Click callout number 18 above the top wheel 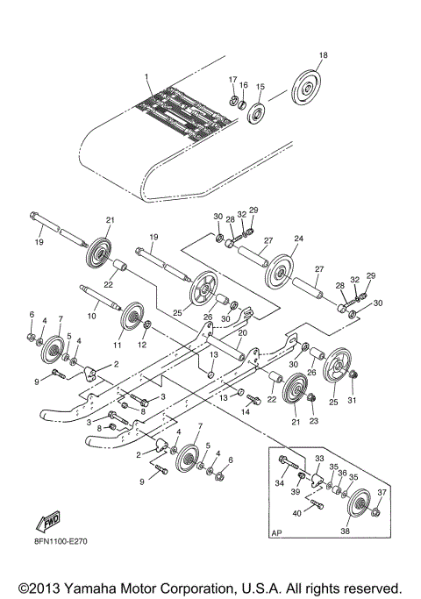(323, 55)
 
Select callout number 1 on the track (147, 78)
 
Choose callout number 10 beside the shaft (90, 314)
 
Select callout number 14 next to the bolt (246, 410)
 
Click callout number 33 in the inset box (319, 458)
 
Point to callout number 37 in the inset (381, 492)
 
